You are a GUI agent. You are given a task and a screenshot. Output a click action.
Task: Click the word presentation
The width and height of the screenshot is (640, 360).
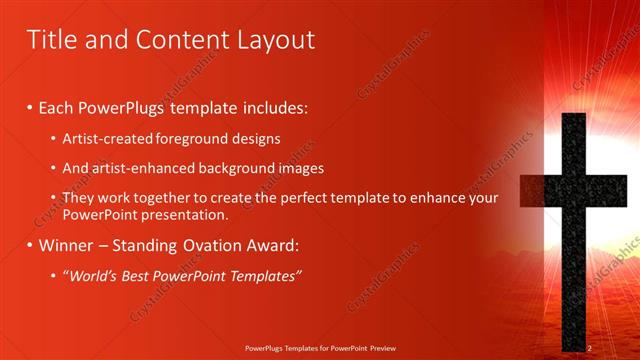(x=189, y=214)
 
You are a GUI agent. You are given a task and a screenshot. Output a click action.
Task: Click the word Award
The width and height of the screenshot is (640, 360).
(x=275, y=245)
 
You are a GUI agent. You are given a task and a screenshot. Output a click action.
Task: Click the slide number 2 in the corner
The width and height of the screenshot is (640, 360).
(x=590, y=347)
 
